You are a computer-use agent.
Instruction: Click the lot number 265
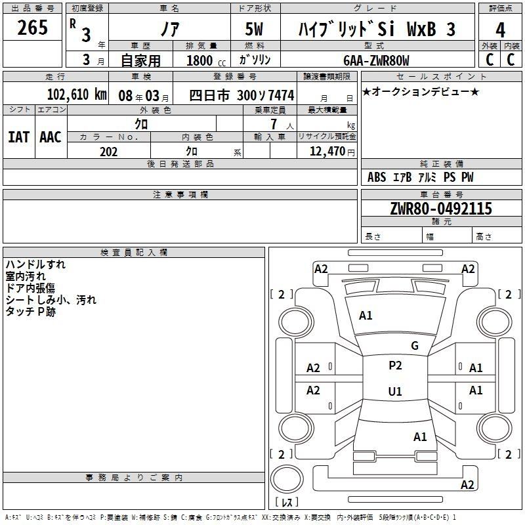pos(32,28)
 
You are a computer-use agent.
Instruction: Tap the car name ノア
pos(170,29)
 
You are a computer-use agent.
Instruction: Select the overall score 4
pos(500,30)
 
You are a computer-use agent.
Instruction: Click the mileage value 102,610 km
pos(77,94)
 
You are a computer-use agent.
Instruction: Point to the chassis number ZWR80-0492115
pos(441,209)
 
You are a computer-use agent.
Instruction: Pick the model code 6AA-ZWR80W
pos(376,60)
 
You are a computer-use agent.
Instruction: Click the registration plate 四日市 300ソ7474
pos(241,95)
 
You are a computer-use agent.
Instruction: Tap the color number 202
pos(108,152)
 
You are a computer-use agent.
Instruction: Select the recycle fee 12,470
pos(327,152)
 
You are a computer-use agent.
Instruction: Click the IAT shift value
pos(18,137)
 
